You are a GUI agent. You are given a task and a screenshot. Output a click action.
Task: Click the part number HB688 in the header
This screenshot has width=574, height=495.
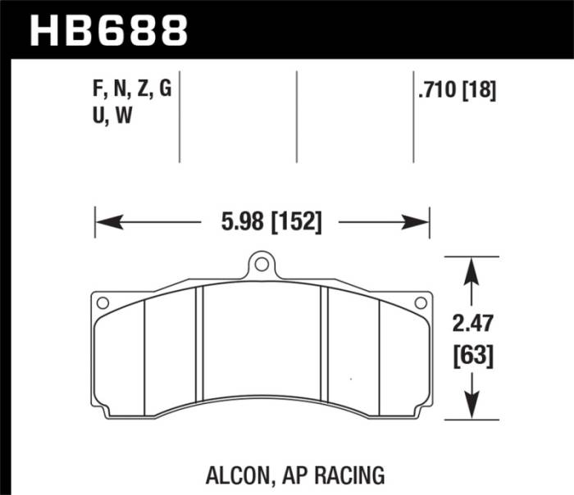(108, 30)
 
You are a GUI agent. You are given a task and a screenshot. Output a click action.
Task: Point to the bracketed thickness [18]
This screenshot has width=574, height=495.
(480, 93)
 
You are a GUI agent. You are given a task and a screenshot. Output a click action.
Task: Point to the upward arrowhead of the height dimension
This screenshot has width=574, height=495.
(471, 269)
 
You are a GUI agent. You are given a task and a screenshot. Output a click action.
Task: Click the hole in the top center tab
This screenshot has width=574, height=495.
(261, 265)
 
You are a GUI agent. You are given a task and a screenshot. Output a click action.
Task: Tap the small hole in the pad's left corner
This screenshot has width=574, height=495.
(102, 303)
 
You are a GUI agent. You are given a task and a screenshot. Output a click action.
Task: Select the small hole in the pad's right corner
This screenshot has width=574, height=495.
(420, 303)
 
